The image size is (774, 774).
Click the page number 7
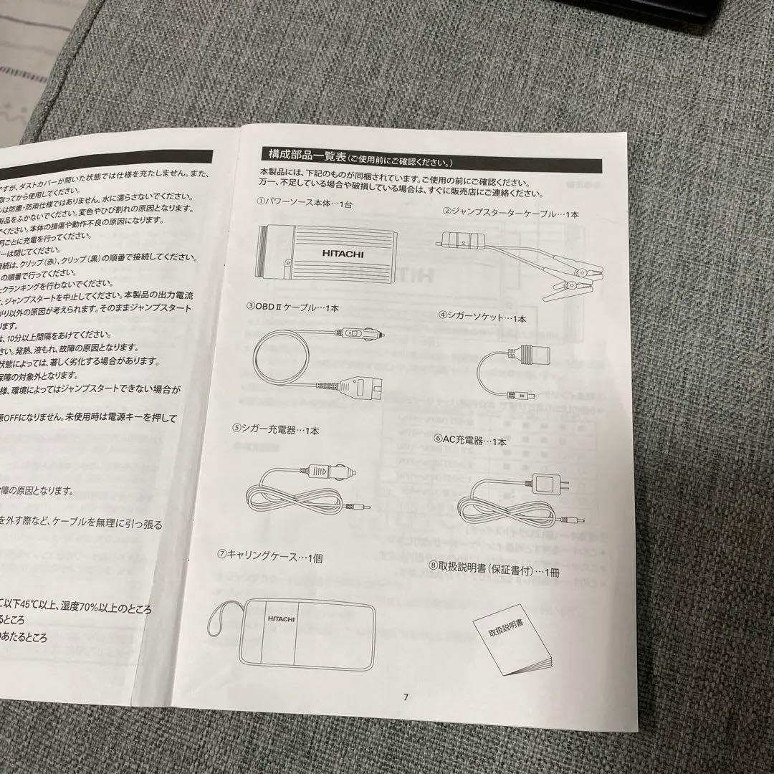point(406,697)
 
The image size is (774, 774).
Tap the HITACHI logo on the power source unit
point(334,253)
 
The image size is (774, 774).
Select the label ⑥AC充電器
point(470,441)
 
